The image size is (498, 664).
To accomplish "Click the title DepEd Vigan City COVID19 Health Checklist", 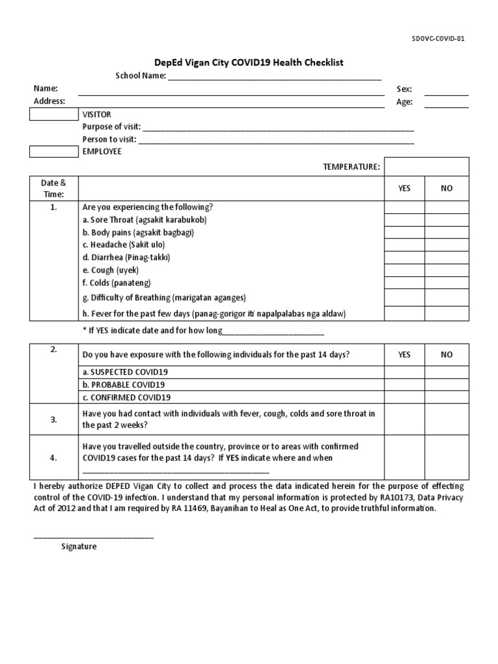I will pyautogui.click(x=248, y=62).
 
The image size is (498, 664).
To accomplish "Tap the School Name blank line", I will pyautogui.click(x=274, y=77).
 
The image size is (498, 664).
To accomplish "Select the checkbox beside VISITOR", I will pyautogui.click(x=54, y=114).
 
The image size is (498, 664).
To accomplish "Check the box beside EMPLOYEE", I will pyautogui.click(x=54, y=151).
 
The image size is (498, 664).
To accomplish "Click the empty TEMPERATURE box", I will pyautogui.click(x=426, y=167).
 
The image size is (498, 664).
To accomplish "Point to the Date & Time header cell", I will pyautogui.click(x=54, y=188).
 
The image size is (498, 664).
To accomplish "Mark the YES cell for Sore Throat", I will pyautogui.click(x=404, y=220).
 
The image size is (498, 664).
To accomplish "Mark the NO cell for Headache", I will pyautogui.click(x=446, y=245).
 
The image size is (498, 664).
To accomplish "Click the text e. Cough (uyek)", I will pyautogui.click(x=111, y=270).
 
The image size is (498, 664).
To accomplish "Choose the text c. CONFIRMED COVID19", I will pyautogui.click(x=126, y=397).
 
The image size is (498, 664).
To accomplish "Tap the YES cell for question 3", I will pyautogui.click(x=404, y=420).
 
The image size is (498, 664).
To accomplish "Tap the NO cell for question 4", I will pyautogui.click(x=446, y=458).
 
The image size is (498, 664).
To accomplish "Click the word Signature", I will pyautogui.click(x=79, y=547).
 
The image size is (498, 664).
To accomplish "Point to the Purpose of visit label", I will pyautogui.click(x=111, y=127).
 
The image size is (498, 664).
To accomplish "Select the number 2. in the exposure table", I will pyautogui.click(x=54, y=350).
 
